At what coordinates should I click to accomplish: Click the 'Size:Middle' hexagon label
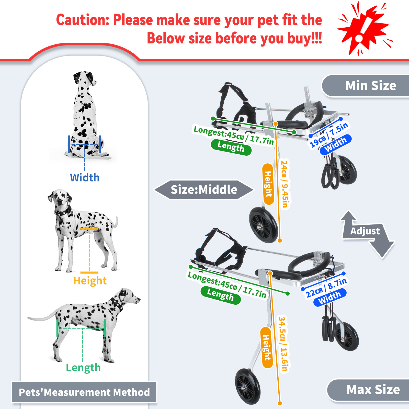[204, 190]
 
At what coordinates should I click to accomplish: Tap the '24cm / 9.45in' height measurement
[285, 184]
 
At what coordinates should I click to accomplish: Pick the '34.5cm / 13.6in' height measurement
[283, 344]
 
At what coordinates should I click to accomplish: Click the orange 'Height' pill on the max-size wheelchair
[267, 348]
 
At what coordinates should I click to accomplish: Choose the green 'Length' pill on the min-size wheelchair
[231, 147]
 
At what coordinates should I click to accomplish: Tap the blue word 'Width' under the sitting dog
[85, 178]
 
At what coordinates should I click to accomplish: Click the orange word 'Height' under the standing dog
[90, 281]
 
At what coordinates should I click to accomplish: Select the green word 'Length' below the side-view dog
[83, 368]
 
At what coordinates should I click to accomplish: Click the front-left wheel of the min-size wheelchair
[263, 225]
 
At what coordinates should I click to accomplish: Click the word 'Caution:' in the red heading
[83, 20]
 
